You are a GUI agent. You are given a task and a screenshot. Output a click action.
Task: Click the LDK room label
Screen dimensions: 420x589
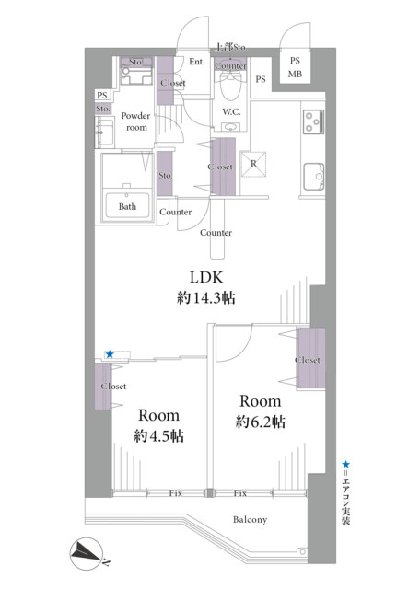click(x=206, y=277)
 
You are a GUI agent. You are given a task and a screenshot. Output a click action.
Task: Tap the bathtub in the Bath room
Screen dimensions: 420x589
click(x=127, y=205)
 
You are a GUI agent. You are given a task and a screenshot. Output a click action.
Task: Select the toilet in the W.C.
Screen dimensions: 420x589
click(x=230, y=86)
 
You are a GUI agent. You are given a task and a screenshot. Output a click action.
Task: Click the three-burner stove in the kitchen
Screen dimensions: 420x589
click(x=313, y=121)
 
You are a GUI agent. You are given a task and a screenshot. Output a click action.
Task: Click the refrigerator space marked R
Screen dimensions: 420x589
click(x=253, y=164)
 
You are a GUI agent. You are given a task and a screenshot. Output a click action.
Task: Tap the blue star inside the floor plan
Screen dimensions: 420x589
click(x=110, y=354)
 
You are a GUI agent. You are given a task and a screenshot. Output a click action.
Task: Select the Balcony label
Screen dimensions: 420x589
click(x=250, y=520)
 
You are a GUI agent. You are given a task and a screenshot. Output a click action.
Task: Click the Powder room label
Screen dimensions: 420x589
click(x=135, y=121)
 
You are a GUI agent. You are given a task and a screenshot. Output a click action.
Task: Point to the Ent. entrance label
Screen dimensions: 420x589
click(x=197, y=62)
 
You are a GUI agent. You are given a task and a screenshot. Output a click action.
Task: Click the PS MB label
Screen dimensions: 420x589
click(x=295, y=67)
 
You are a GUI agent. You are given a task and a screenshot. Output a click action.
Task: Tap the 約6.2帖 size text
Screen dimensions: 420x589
click(x=260, y=422)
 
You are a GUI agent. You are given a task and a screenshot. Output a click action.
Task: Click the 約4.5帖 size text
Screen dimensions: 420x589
click(x=158, y=436)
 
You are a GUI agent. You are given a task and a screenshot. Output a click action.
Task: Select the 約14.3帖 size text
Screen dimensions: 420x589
click(x=206, y=298)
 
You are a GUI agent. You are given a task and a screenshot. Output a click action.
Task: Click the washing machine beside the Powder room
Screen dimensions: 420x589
click(x=136, y=76)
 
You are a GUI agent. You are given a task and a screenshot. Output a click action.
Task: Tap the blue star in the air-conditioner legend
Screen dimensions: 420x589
click(x=345, y=465)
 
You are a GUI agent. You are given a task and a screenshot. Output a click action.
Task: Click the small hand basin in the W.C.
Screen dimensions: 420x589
click(x=230, y=127)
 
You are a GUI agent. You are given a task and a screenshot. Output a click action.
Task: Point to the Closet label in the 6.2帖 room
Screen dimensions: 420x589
click(x=308, y=360)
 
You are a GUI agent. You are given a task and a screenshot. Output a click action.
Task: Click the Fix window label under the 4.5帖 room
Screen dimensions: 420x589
click(x=176, y=493)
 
